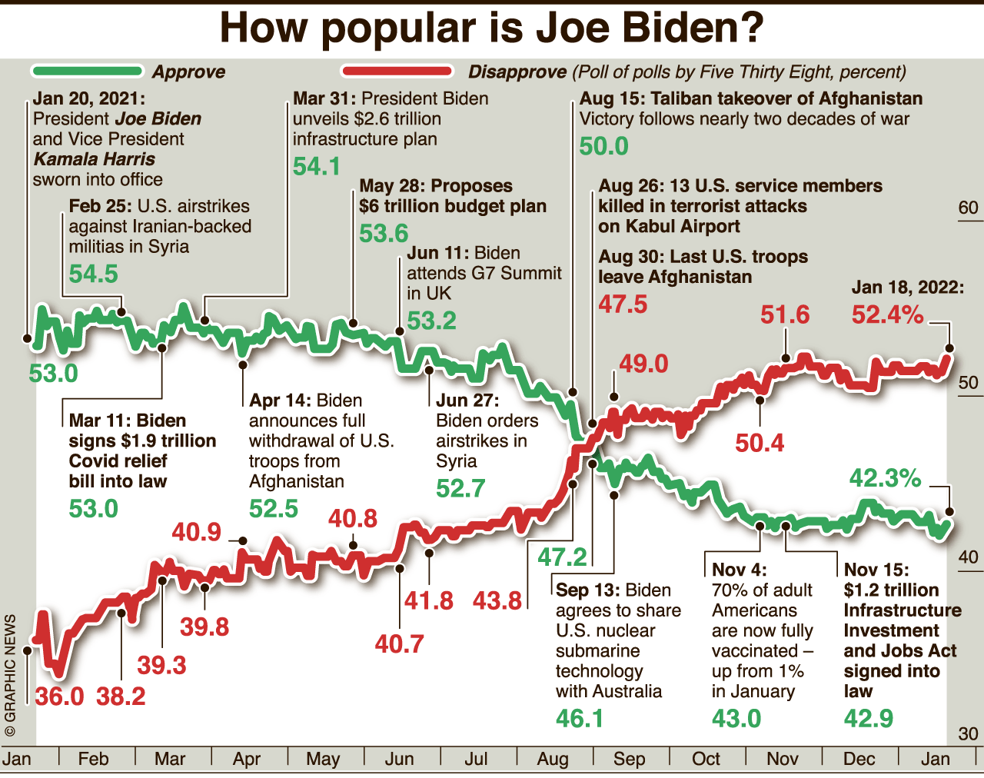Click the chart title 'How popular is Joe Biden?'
click(x=492, y=28)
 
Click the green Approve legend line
click(x=87, y=71)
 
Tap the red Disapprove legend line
click(x=397, y=71)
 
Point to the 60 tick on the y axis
click(x=968, y=208)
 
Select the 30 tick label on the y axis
click(x=968, y=734)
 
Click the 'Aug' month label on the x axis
click(x=553, y=760)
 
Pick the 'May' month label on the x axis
click(x=323, y=760)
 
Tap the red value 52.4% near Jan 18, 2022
click(x=887, y=314)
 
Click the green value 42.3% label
click(x=885, y=478)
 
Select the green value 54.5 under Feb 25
click(x=94, y=274)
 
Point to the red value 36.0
click(x=59, y=697)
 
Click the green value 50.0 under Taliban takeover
click(x=603, y=146)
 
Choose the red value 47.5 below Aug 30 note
click(x=623, y=304)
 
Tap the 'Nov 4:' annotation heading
click(x=739, y=570)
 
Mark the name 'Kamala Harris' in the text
click(x=95, y=159)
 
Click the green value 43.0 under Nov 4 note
click(x=736, y=719)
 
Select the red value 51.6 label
click(x=785, y=314)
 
